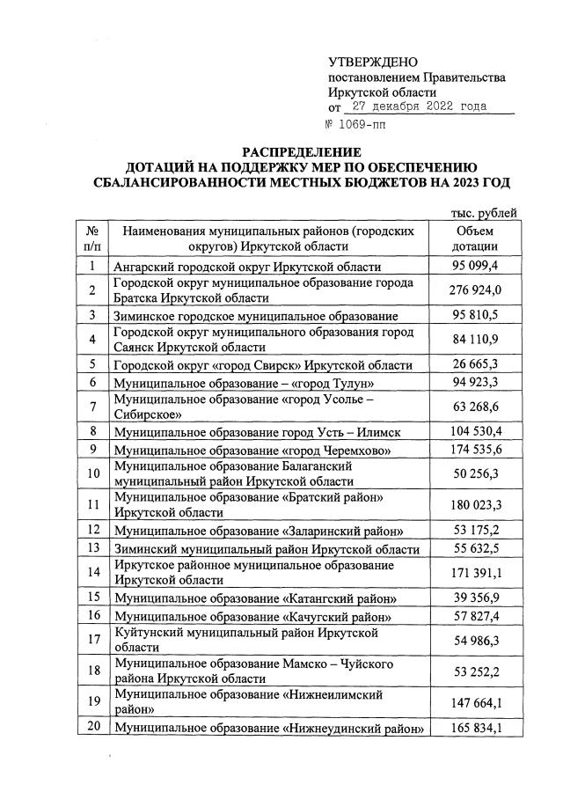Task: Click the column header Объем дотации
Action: tap(476, 238)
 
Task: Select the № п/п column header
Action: tap(92, 238)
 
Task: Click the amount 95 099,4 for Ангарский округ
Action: tap(476, 267)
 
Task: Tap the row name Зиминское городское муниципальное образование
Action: tap(256, 315)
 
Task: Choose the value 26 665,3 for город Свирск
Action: tap(476, 365)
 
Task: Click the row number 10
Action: tap(92, 473)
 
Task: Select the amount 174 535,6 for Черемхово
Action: tap(476, 450)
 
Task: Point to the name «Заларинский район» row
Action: tap(260, 530)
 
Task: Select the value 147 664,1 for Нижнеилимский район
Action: tap(476, 703)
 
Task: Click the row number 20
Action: tap(92, 727)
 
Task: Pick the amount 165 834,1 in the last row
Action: tap(476, 728)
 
